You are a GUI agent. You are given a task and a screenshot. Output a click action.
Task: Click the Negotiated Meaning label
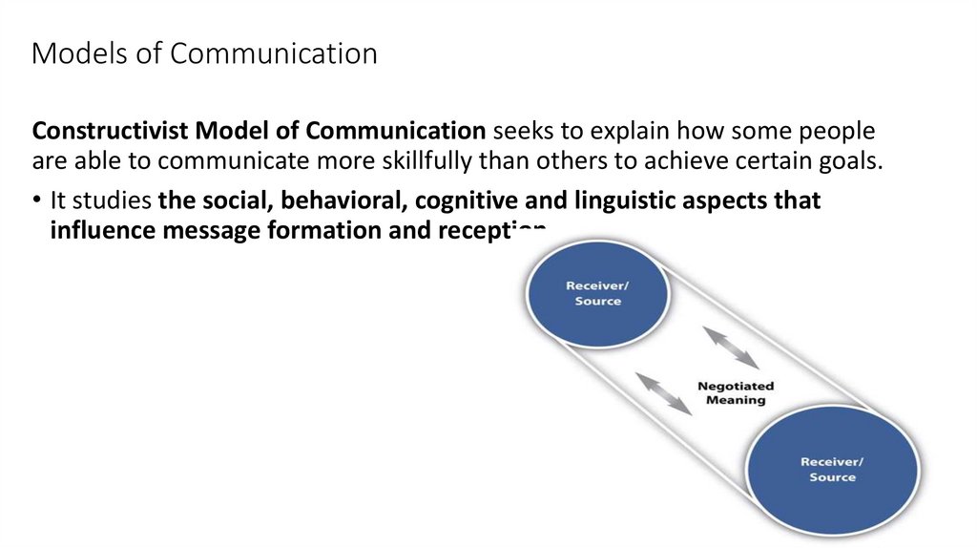(736, 393)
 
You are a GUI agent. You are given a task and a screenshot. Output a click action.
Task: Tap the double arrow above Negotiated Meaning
(730, 348)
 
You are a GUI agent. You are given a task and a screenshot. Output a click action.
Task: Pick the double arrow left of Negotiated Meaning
(664, 392)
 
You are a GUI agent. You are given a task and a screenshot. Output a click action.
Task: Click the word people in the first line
(835, 131)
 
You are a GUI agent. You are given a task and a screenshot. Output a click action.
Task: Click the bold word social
(225, 201)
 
